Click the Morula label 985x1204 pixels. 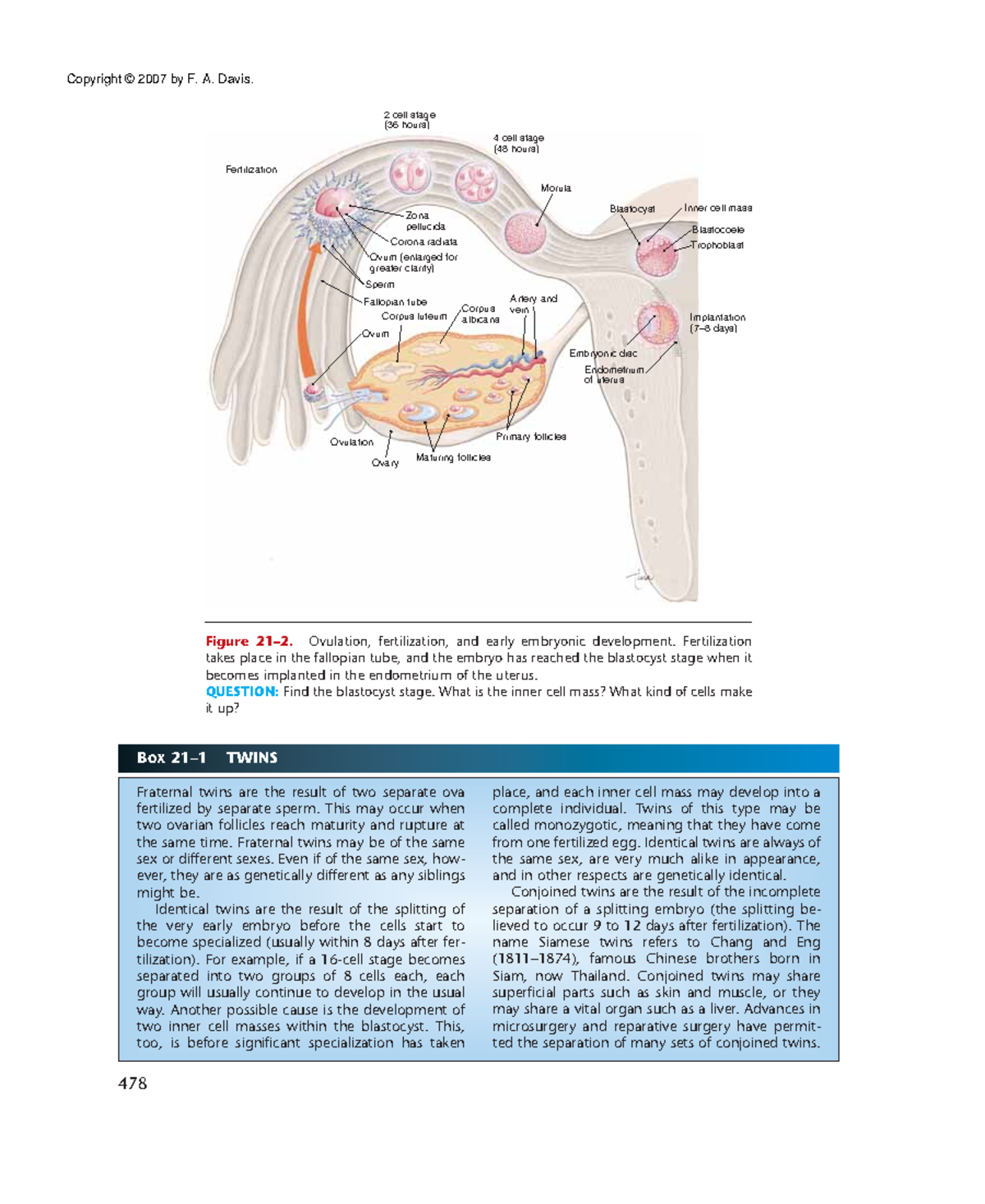click(556, 189)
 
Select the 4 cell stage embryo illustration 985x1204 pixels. click(475, 181)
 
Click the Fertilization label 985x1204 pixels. click(251, 170)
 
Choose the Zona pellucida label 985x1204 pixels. click(425, 221)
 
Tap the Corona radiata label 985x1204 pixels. click(424, 242)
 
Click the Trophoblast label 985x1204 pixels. click(717, 245)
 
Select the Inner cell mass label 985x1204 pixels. click(718, 208)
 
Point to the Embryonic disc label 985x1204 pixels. click(603, 354)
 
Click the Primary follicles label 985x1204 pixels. click(531, 437)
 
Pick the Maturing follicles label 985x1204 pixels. click(453, 458)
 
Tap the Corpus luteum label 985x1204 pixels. click(414, 317)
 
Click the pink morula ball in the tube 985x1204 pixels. click(525, 233)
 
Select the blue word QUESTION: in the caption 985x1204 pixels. click(242, 692)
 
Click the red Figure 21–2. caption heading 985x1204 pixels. click(249, 642)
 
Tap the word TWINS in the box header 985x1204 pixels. click(252, 758)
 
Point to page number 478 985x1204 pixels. click(132, 1083)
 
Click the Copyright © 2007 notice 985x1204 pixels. click(160, 80)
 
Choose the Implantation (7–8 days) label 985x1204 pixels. click(717, 323)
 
